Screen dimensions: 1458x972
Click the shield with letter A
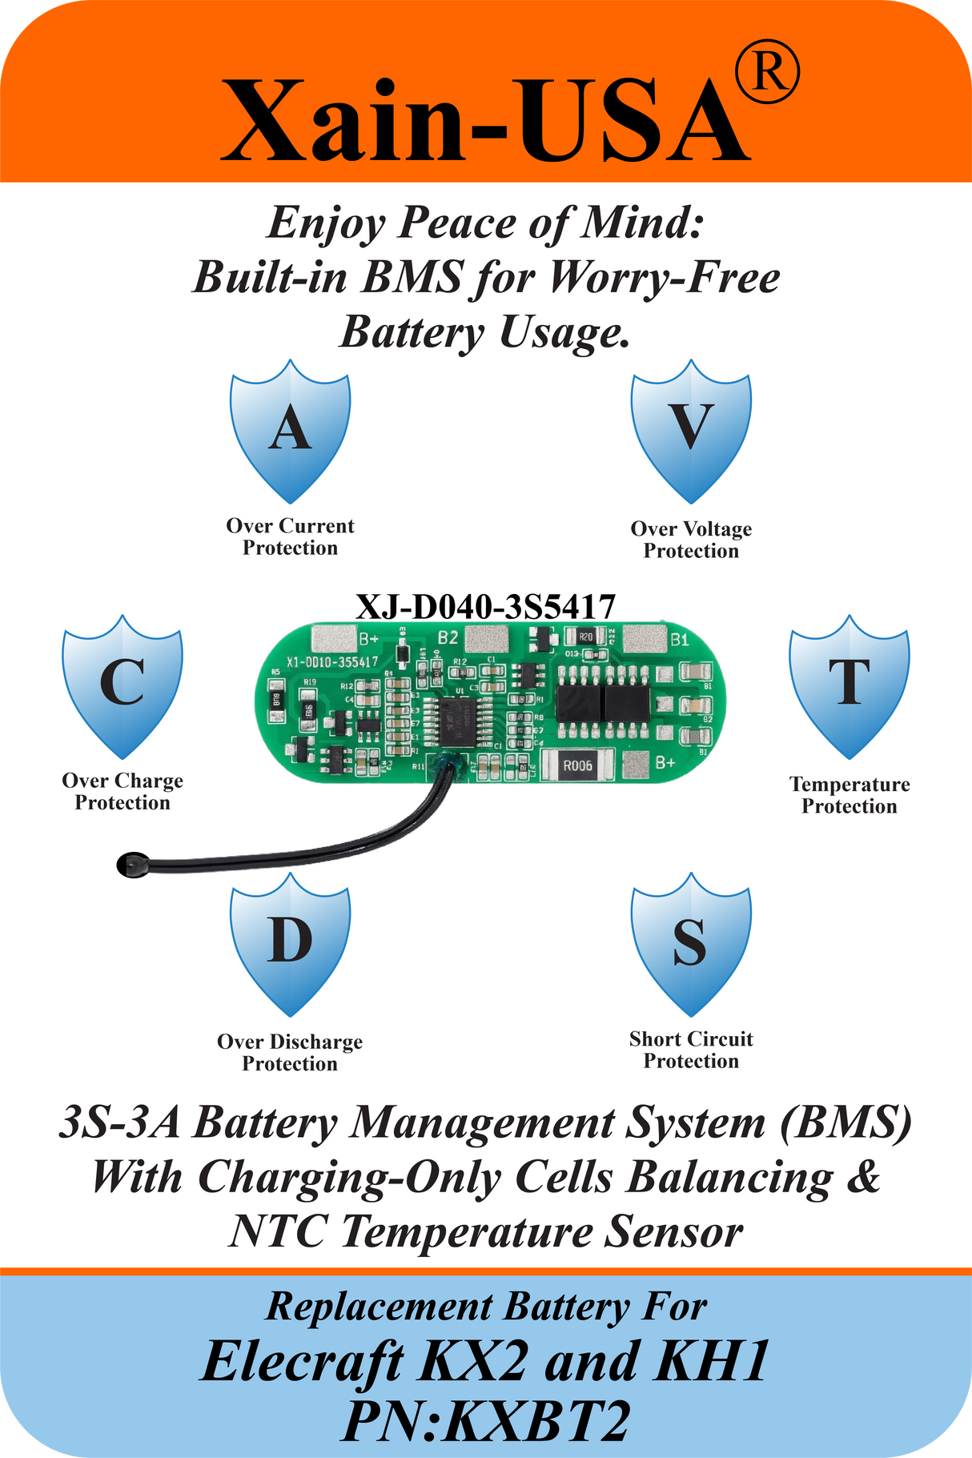(x=290, y=432)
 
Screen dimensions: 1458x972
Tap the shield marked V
(x=691, y=432)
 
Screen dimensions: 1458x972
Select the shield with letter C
(x=123, y=686)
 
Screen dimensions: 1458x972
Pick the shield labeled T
(x=849, y=686)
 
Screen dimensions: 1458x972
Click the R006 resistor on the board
(x=577, y=765)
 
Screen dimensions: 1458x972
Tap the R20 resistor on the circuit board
(x=585, y=637)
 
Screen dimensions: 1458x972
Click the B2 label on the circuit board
(x=448, y=638)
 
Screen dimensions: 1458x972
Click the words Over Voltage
(x=691, y=528)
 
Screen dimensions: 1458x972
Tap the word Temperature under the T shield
(x=849, y=784)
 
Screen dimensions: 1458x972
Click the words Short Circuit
(x=691, y=1038)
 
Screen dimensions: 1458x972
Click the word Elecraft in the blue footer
(x=303, y=1361)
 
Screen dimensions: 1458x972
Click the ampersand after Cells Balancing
(x=862, y=1178)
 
